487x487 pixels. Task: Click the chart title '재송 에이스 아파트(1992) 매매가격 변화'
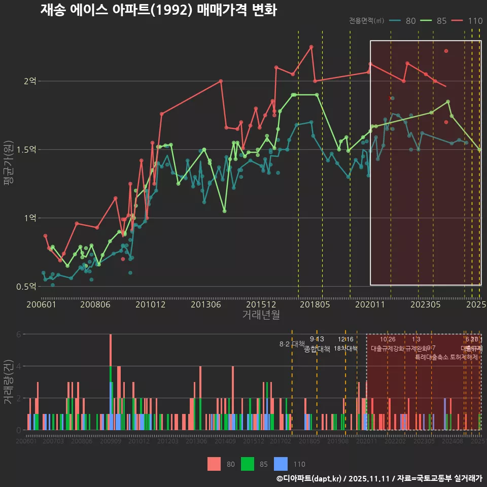tap(158, 10)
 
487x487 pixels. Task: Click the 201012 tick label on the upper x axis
tap(151, 305)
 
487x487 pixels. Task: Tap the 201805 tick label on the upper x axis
tap(315, 305)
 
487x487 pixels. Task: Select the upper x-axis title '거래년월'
tap(261, 315)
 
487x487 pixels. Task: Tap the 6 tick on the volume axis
tap(18, 334)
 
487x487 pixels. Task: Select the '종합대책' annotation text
tap(317, 349)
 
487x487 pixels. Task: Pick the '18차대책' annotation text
tap(345, 349)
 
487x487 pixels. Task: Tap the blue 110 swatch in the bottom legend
tap(281, 464)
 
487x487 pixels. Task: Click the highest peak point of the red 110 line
tap(311, 47)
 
